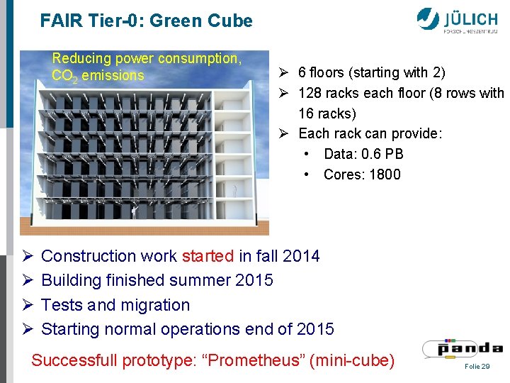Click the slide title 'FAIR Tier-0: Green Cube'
click(x=146, y=21)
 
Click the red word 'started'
click(x=208, y=256)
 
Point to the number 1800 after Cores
click(x=385, y=174)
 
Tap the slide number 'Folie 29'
click(x=477, y=366)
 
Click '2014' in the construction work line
click(x=301, y=256)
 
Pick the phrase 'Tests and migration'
click(x=115, y=305)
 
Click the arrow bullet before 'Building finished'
click(x=27, y=281)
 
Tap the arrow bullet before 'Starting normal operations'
click(x=27, y=330)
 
